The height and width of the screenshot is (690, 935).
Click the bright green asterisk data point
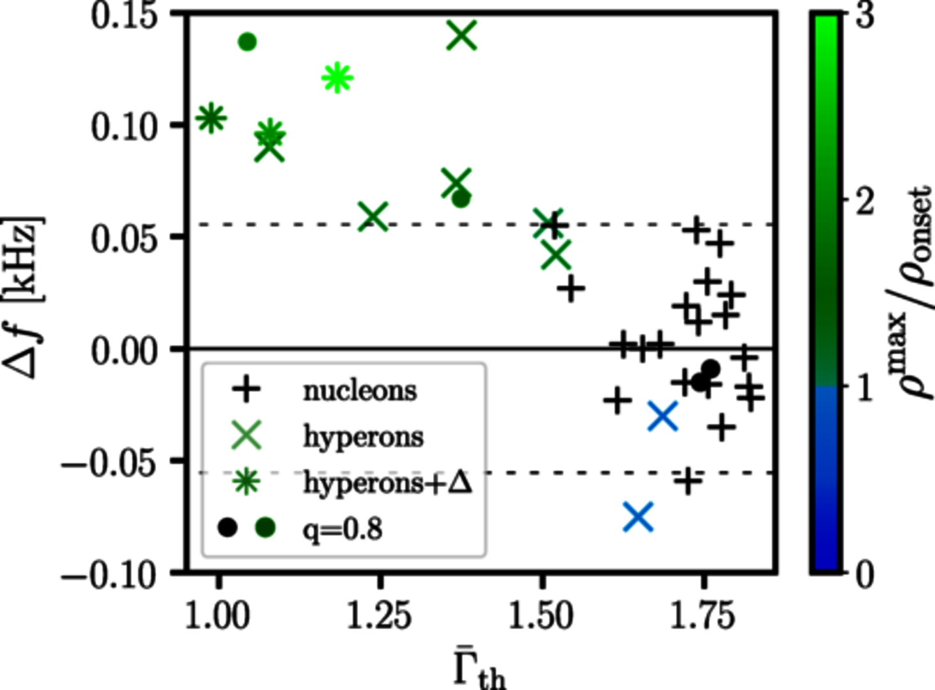point(337,78)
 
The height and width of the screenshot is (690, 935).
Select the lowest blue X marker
point(638,516)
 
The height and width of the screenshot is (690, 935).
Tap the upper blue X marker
point(663,416)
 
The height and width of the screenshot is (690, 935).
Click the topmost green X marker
point(462,35)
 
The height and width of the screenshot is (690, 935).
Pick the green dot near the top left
point(247,42)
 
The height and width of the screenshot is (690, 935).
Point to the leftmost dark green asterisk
point(211,118)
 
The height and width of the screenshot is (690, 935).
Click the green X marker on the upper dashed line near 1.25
point(374,217)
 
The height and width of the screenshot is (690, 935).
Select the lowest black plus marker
point(688,480)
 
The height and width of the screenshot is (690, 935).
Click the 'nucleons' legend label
point(360,390)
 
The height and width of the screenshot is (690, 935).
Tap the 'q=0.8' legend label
point(343,529)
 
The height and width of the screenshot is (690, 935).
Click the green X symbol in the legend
point(247,436)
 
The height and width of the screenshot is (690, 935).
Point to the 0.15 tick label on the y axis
point(124,16)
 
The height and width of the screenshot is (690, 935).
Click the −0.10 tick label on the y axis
point(109,576)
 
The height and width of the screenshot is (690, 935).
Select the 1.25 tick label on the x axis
point(380,616)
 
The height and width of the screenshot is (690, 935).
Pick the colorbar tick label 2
point(865,203)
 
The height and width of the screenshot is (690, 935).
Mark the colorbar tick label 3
point(865,16)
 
